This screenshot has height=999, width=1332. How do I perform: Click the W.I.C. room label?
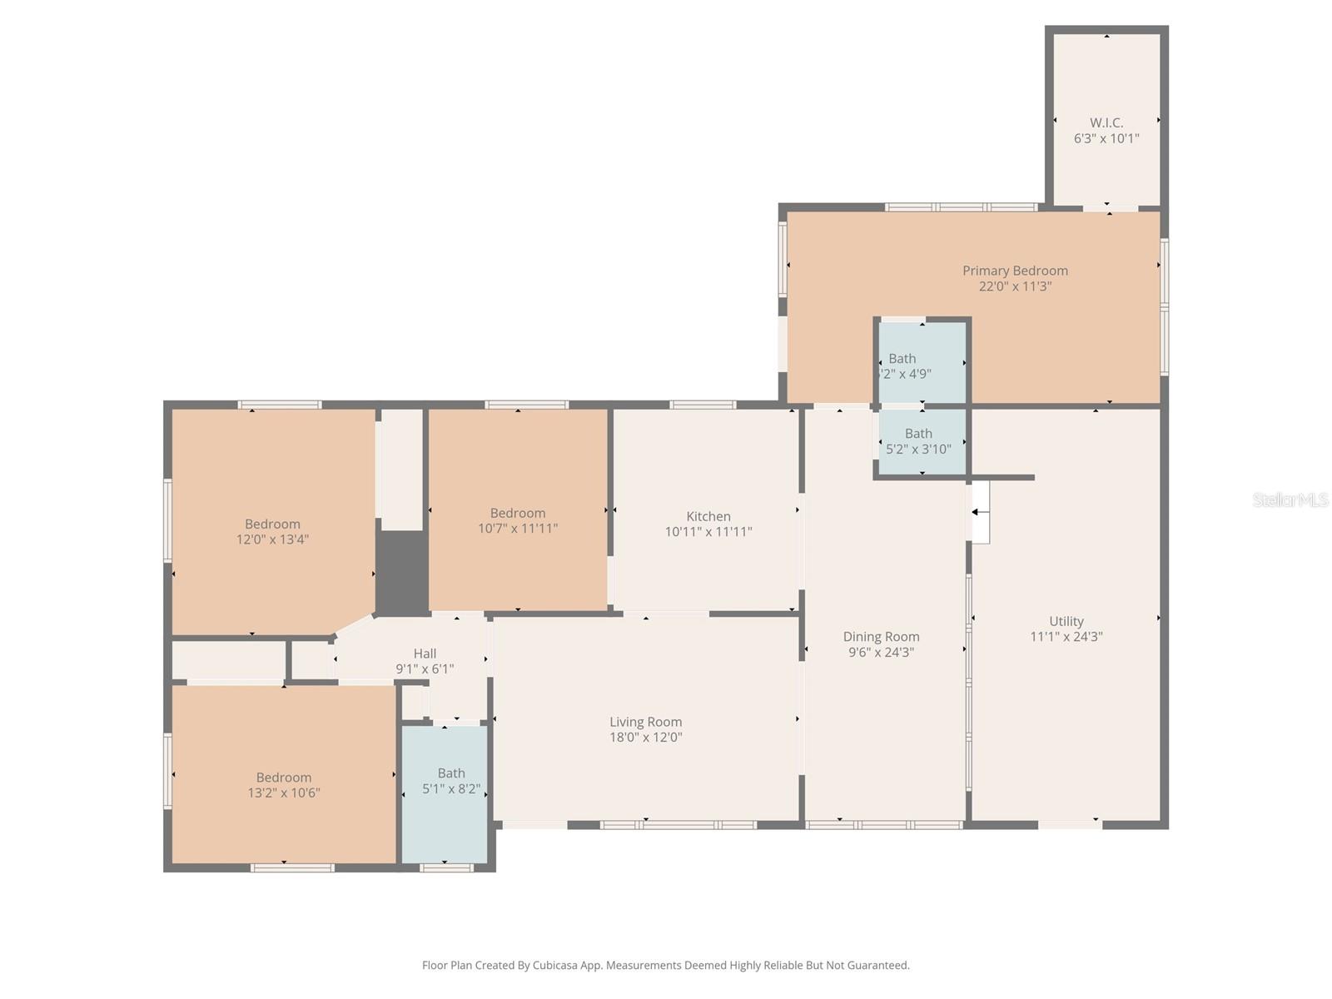pyautogui.click(x=1106, y=122)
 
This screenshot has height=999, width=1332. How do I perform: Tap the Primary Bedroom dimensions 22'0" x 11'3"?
pyautogui.click(x=1015, y=286)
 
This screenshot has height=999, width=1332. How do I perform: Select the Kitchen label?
pyautogui.click(x=708, y=516)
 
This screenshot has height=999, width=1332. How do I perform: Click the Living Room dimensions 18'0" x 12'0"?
pyautogui.click(x=646, y=738)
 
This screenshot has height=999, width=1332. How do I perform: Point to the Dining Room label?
pyautogui.click(x=881, y=637)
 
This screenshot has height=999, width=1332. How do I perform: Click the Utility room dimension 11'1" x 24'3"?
pyautogui.click(x=1066, y=637)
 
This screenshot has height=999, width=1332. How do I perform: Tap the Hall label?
pyautogui.click(x=425, y=654)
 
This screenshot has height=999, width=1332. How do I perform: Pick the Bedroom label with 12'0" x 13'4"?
pyautogui.click(x=272, y=524)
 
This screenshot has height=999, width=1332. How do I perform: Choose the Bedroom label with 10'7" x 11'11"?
pyautogui.click(x=518, y=513)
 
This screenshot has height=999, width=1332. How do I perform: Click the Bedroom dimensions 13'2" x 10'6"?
pyautogui.click(x=284, y=793)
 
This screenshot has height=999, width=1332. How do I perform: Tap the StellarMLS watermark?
pyautogui.click(x=1290, y=499)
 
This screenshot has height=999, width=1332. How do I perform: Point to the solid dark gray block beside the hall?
pyautogui.click(x=401, y=572)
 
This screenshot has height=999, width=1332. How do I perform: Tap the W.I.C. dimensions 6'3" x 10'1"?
pyautogui.click(x=1106, y=139)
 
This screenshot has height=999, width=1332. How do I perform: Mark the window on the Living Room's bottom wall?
pyautogui.click(x=678, y=825)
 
